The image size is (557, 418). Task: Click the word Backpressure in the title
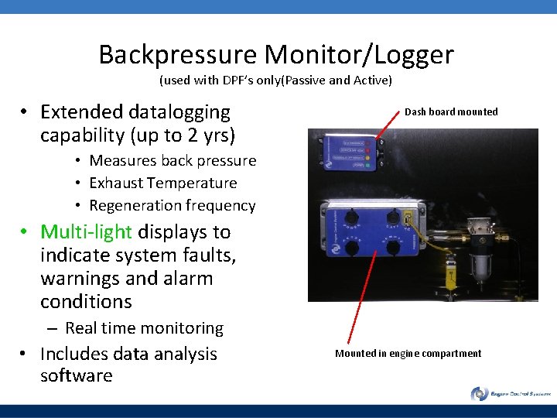[178, 55]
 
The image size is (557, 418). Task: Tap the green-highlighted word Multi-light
[86, 231]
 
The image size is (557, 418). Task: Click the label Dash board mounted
[451, 111]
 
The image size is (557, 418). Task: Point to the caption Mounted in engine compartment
[408, 354]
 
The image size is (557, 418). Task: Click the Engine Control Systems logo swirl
[480, 394]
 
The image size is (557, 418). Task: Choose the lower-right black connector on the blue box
[394, 248]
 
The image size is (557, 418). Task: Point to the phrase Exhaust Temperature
[163, 183]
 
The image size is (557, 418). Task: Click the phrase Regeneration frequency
[172, 206]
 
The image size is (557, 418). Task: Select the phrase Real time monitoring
[144, 328]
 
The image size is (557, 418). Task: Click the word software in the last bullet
[76, 376]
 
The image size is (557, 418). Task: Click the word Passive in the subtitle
[308, 81]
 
